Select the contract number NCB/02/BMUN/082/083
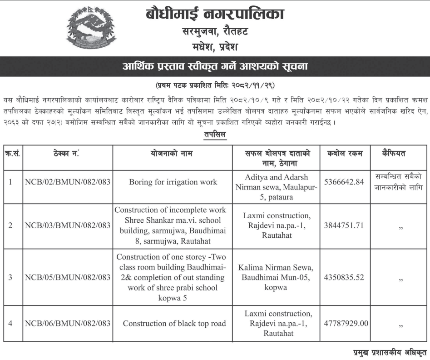click(x=68, y=182)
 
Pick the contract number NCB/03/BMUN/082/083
click(x=68, y=226)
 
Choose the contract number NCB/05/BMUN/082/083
click(x=68, y=277)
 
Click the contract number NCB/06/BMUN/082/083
click(x=68, y=324)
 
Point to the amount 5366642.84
click(x=344, y=182)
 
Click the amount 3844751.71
click(x=344, y=226)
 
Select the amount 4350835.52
click(x=344, y=277)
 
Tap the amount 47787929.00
click(x=346, y=324)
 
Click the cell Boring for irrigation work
click(x=173, y=182)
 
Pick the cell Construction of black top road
click(x=174, y=324)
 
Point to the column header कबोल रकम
click(x=345, y=154)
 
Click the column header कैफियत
click(x=394, y=154)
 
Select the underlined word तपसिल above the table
click(x=215, y=135)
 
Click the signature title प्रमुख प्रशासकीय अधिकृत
click(x=390, y=352)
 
